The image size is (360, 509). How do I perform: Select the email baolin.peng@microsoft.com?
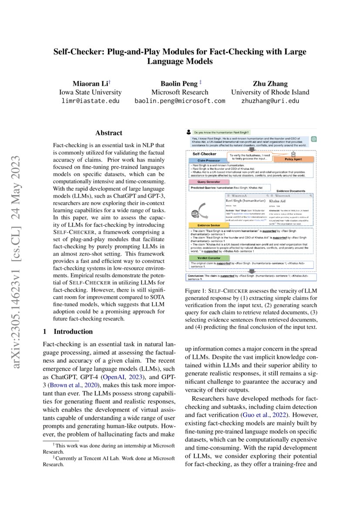click(x=180, y=101)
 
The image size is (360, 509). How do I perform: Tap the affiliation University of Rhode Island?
click(x=270, y=92)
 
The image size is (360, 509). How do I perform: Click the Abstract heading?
click(x=109, y=133)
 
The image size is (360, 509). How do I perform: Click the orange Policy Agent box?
click(x=294, y=160)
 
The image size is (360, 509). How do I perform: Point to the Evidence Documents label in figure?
click(x=291, y=191)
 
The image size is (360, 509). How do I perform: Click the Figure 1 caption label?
click(x=198, y=290)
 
